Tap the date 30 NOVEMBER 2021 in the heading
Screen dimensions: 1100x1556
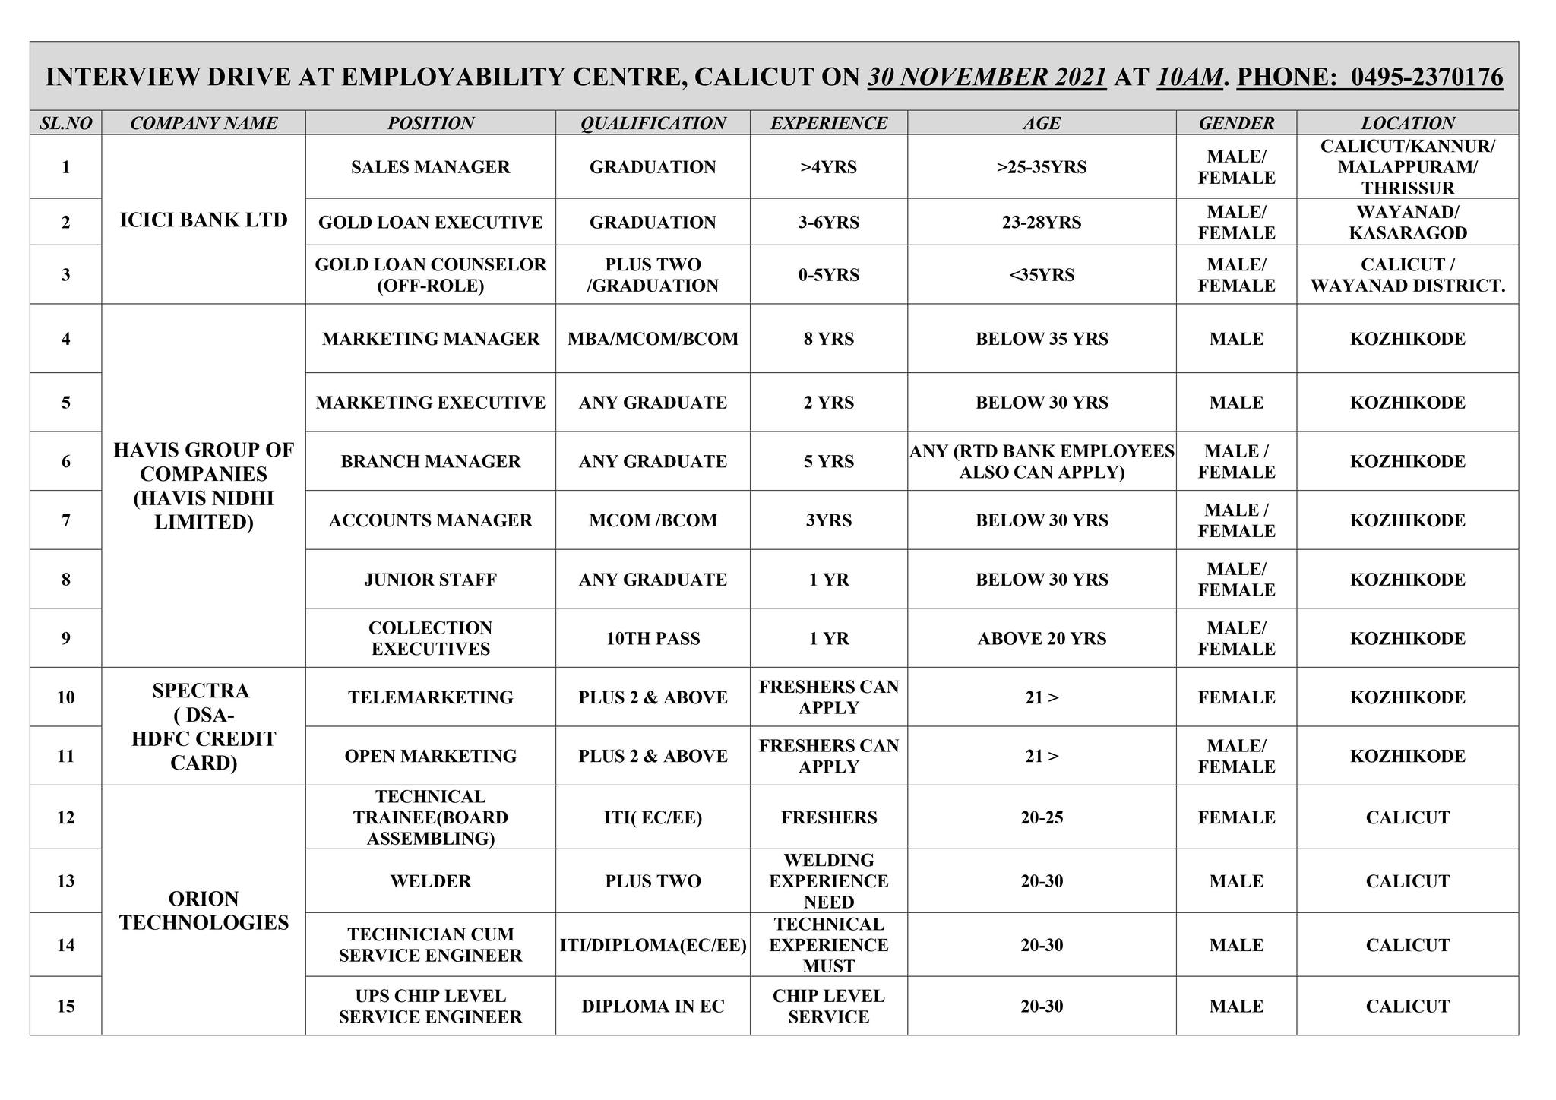pos(987,77)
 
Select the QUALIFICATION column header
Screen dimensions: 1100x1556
pos(653,123)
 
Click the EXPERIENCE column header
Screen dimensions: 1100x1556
pos(828,123)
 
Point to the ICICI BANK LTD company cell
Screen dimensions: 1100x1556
pos(204,220)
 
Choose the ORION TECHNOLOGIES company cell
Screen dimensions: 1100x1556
pos(204,910)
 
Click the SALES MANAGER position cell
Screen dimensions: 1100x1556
pos(430,167)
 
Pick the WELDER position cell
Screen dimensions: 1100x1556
pos(430,881)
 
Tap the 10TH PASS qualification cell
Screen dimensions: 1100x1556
pos(653,639)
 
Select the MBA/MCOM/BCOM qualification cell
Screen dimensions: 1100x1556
pos(653,339)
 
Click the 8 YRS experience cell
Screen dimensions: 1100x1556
pos(828,339)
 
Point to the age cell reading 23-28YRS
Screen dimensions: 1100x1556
pos(1042,223)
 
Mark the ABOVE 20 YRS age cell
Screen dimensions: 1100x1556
pos(1042,639)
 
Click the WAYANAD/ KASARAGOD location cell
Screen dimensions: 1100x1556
pos(1407,223)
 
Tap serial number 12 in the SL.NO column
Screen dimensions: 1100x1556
pos(66,818)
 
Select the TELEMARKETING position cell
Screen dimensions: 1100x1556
pos(430,697)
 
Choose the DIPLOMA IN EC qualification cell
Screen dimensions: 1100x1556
pos(653,1007)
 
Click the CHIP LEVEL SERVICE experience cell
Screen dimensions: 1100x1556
pos(828,1007)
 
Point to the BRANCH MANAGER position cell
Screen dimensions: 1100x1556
pos(430,462)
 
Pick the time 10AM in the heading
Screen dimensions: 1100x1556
pos(1190,77)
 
